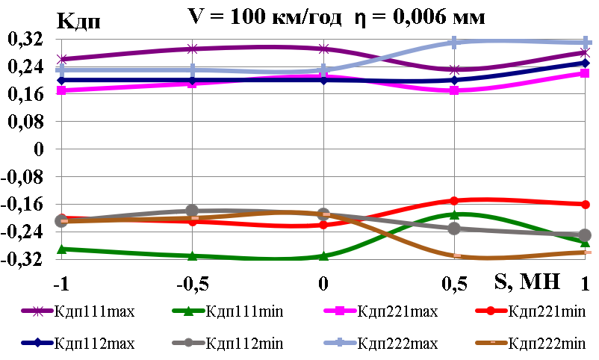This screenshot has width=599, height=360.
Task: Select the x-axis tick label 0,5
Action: click(454, 285)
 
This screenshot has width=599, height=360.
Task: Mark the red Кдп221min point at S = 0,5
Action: click(454, 200)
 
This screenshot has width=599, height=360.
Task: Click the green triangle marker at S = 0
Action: click(323, 256)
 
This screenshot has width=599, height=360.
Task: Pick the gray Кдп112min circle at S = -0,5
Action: click(193, 211)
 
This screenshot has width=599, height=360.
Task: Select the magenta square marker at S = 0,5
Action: click(454, 90)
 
